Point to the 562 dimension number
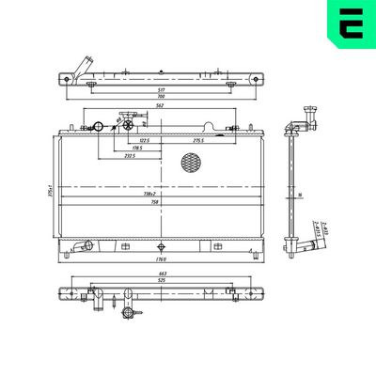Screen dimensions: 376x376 tap(161, 106)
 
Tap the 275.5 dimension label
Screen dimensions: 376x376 tap(199, 140)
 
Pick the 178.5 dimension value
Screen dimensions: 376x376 tap(139, 148)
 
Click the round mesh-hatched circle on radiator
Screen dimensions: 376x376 tap(192, 162)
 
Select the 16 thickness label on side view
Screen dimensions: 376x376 tap(299, 195)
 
